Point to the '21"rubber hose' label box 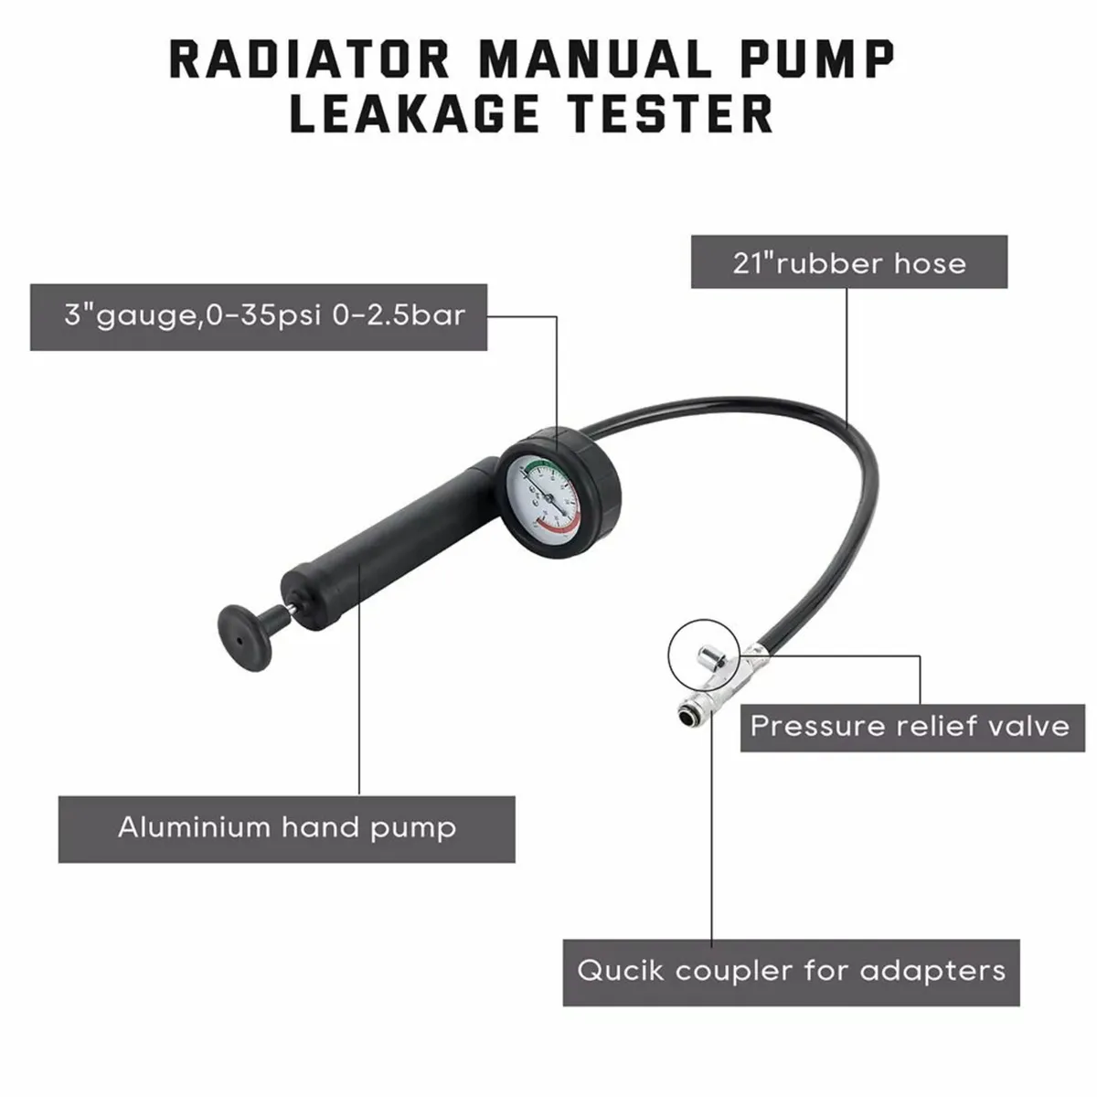[x=848, y=263]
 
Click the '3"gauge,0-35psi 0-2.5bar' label [x=259, y=316]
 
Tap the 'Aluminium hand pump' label [x=286, y=828]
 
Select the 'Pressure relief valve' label [x=910, y=727]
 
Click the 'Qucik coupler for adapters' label [x=791, y=971]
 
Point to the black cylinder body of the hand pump [x=384, y=558]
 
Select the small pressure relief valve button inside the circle [x=708, y=655]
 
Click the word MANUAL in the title [x=596, y=59]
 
